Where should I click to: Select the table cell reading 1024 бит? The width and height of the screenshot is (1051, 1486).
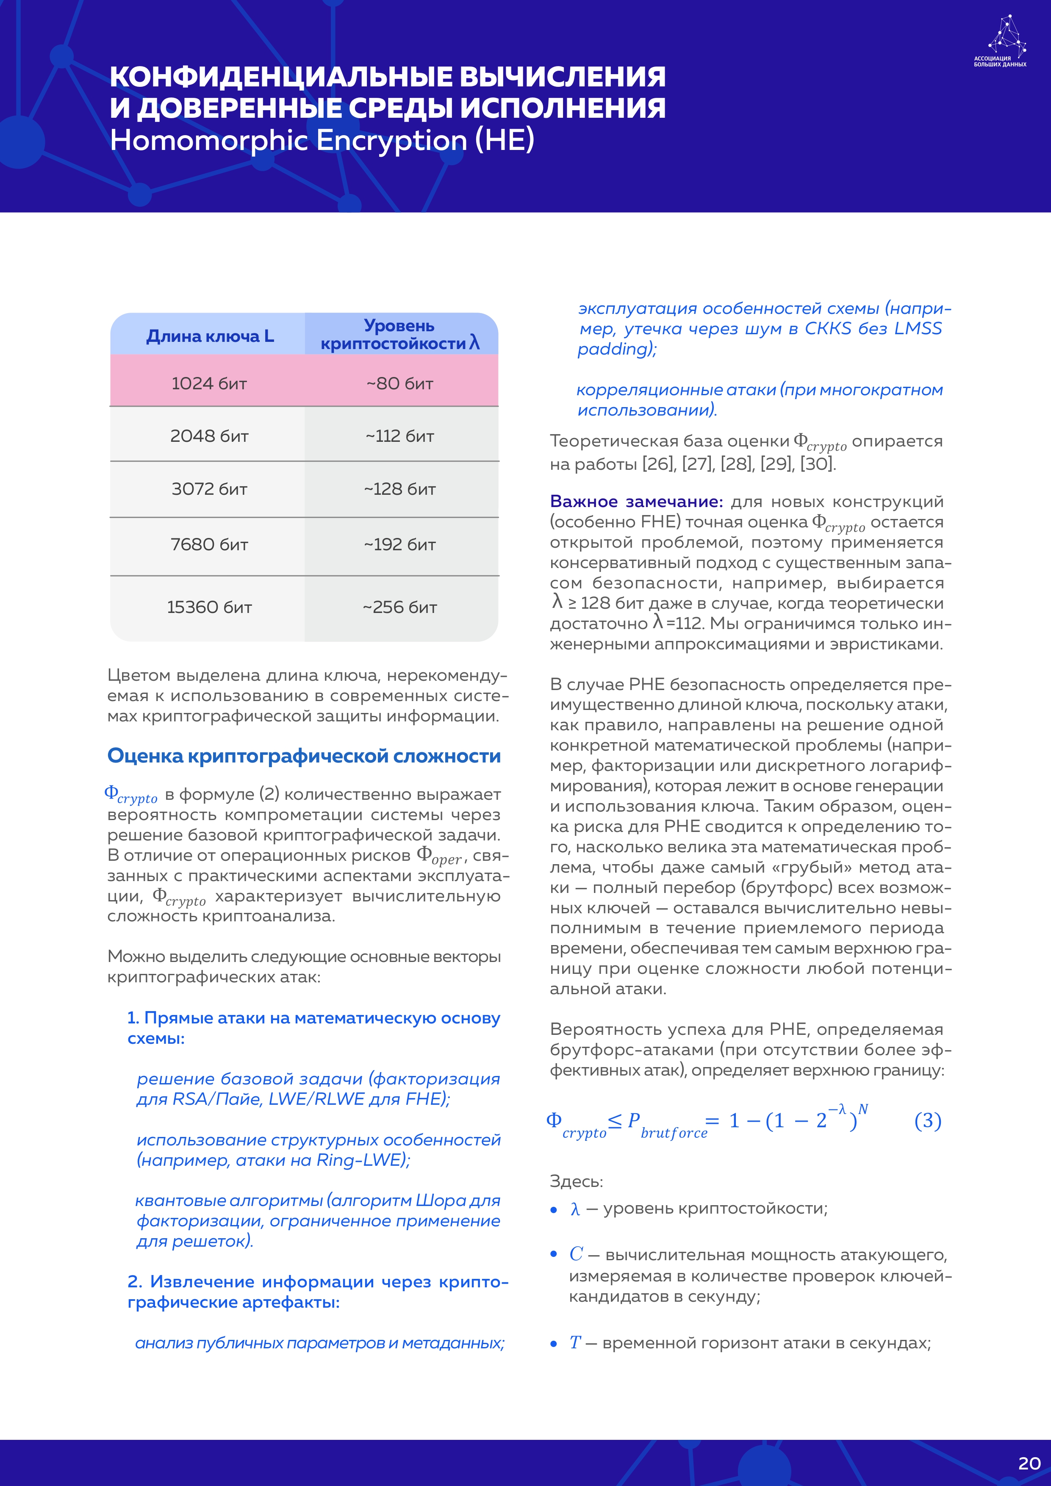point(209,383)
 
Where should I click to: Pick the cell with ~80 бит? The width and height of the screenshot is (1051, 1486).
point(400,383)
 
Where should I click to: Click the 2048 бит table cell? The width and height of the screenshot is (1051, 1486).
point(209,435)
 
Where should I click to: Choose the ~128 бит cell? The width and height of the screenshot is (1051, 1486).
point(400,489)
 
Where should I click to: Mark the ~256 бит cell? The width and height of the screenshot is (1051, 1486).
point(400,607)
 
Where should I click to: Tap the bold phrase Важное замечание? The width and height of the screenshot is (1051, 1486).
point(636,502)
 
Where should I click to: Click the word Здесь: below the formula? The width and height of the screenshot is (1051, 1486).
point(576,1181)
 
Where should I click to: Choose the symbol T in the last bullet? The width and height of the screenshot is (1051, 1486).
point(575,1343)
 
